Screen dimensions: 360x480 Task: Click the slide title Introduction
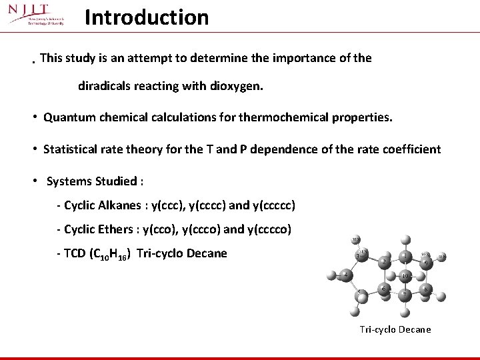(x=147, y=17)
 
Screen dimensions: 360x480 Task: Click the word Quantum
(x=66, y=118)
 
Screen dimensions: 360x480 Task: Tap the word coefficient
(x=411, y=149)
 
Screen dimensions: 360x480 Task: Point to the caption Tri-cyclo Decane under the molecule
(x=395, y=329)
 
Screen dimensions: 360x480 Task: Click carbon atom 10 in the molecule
(x=405, y=277)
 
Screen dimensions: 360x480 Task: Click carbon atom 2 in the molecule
(x=385, y=262)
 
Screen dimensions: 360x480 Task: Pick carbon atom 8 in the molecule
(x=426, y=289)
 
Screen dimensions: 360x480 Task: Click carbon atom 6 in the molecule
(x=384, y=288)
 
